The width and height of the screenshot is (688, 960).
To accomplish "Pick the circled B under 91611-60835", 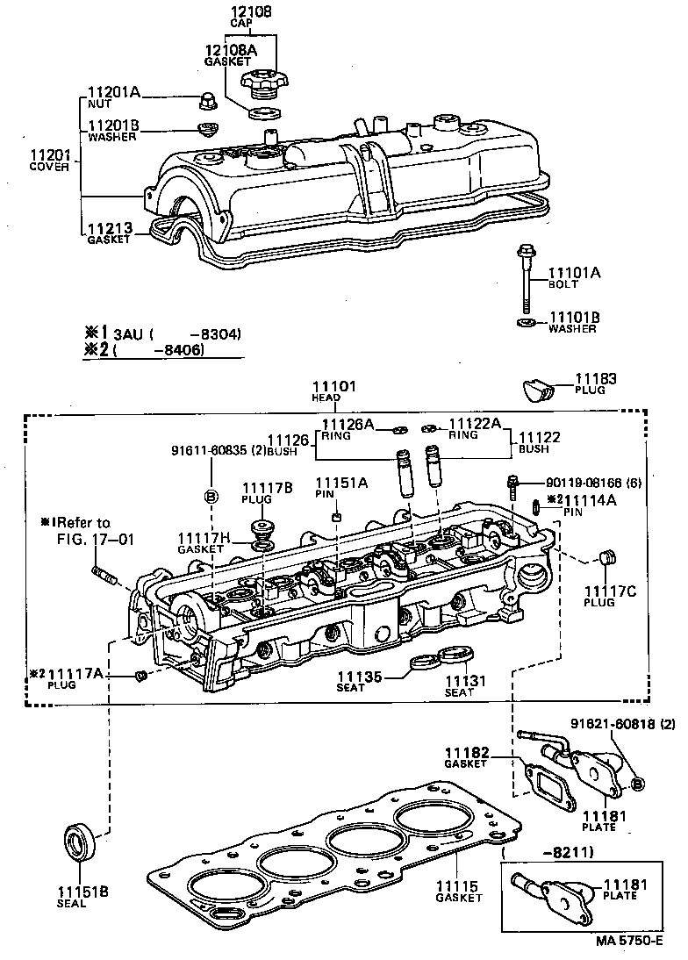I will pyautogui.click(x=211, y=497).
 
